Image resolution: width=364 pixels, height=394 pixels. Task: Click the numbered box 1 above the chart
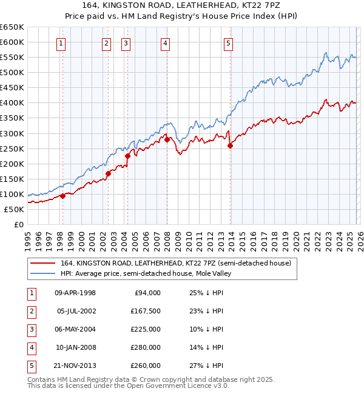(62, 43)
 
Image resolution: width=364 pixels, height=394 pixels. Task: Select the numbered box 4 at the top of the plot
(165, 43)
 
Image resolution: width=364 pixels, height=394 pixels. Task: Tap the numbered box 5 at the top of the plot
(228, 43)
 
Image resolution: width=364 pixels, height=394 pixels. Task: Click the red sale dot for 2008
(167, 139)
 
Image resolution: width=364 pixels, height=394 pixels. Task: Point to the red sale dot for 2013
(231, 145)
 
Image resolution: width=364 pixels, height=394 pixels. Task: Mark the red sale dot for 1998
(62, 196)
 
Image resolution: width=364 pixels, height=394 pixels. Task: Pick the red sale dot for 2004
(127, 156)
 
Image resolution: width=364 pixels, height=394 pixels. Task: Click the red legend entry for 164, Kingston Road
(176, 263)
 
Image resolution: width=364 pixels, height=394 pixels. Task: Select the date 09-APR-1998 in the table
(75, 293)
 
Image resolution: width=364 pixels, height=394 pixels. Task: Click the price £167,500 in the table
(146, 311)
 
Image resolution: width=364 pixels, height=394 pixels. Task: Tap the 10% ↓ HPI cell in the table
(206, 329)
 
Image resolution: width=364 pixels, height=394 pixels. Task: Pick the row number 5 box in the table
(30, 366)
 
